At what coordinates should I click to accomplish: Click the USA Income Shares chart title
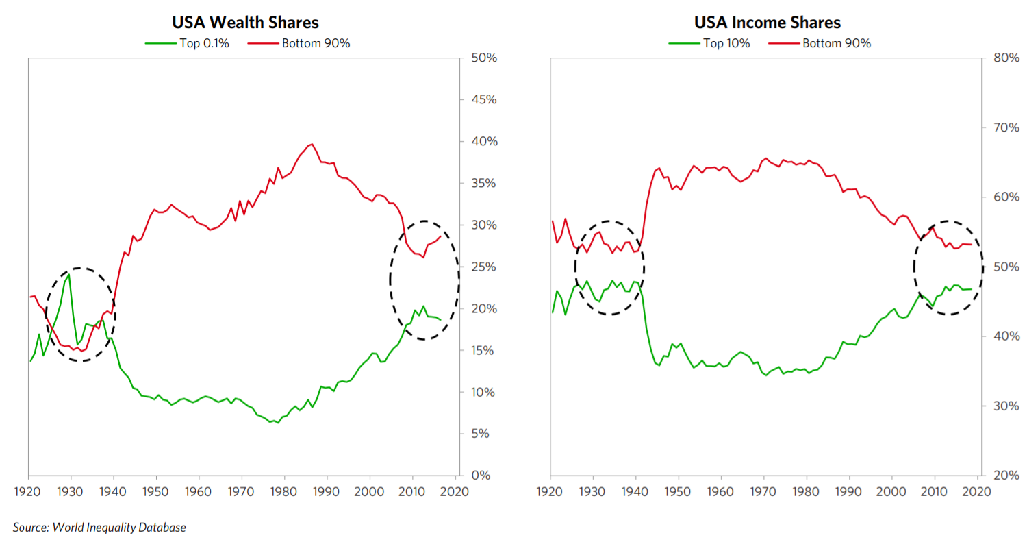[x=767, y=23]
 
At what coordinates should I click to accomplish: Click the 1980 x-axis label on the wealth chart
[x=284, y=492]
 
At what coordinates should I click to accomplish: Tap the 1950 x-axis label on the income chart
[x=677, y=492]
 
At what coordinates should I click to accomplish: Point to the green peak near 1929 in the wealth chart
[x=68, y=274]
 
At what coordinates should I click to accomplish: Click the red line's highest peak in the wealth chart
[x=312, y=144]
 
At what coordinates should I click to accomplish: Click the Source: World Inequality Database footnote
[x=99, y=527]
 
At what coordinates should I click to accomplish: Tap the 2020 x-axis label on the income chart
[x=977, y=492]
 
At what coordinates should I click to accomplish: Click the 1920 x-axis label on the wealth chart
[x=29, y=492]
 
